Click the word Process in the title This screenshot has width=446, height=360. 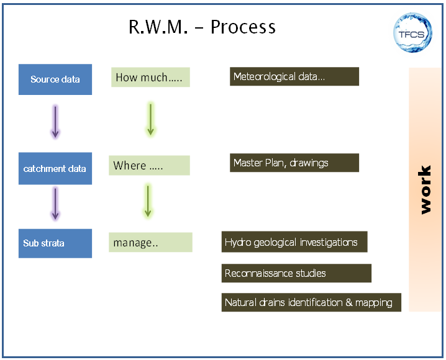click(x=243, y=27)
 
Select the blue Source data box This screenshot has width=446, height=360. click(x=55, y=79)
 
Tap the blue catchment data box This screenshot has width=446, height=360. click(x=55, y=169)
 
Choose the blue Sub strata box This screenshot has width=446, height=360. click(x=55, y=243)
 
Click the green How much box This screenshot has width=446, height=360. click(x=150, y=78)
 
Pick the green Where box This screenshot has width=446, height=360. click(x=149, y=166)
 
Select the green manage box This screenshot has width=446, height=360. click(x=150, y=243)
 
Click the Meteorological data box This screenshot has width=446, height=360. click(x=294, y=77)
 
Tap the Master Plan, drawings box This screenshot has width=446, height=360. click(x=294, y=163)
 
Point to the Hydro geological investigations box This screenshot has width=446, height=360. click(x=294, y=242)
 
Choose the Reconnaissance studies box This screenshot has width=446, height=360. click(x=296, y=273)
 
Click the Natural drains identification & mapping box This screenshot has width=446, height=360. click(x=311, y=303)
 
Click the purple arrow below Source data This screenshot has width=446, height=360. click(x=55, y=121)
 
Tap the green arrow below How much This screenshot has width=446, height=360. click(x=150, y=119)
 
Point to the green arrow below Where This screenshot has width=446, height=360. click(x=148, y=200)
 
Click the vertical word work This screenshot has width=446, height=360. click(x=426, y=190)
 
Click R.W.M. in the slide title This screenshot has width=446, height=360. click(x=157, y=27)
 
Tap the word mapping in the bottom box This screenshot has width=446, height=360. click(x=373, y=303)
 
